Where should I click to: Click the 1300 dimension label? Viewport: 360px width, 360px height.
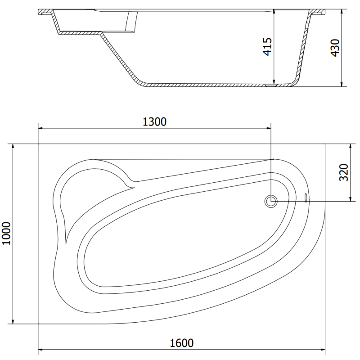point(154,121)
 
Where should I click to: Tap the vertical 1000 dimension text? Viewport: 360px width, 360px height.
point(6,234)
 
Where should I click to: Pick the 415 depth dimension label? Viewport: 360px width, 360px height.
point(267,47)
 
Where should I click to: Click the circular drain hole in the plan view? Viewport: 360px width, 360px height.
point(271,201)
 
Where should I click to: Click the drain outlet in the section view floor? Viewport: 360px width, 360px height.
point(272,84)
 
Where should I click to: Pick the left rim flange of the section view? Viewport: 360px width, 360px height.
point(45,12)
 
